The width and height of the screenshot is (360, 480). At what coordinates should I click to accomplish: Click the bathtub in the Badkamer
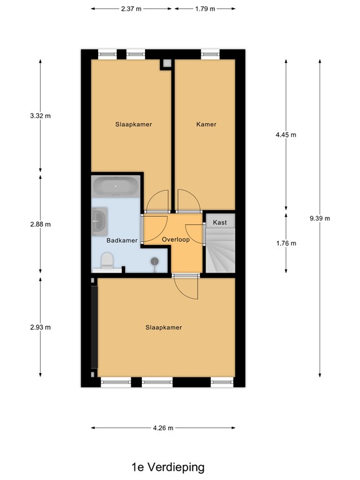(x=116, y=186)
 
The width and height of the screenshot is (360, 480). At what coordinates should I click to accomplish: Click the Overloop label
(x=175, y=239)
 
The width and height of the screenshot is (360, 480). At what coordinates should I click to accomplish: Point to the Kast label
(x=219, y=222)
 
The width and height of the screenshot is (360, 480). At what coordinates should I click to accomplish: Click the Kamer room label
(x=206, y=124)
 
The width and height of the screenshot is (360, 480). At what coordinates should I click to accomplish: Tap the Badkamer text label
(x=121, y=240)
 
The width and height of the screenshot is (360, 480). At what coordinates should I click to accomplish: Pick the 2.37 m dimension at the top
(x=131, y=9)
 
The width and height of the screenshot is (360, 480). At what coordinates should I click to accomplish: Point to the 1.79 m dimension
(x=204, y=9)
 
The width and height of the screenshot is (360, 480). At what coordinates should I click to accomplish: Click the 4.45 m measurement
(x=286, y=135)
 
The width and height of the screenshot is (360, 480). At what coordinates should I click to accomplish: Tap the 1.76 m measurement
(x=286, y=243)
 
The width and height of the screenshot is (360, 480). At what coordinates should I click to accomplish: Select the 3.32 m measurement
(x=41, y=116)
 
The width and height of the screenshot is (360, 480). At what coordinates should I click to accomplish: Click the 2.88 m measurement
(x=41, y=224)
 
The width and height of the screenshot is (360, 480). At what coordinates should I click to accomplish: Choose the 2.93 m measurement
(x=41, y=327)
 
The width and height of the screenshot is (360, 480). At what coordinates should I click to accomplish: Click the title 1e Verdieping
(x=167, y=467)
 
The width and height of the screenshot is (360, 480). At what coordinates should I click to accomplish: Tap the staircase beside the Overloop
(x=220, y=250)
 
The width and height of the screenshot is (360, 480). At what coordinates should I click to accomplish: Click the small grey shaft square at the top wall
(x=166, y=64)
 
